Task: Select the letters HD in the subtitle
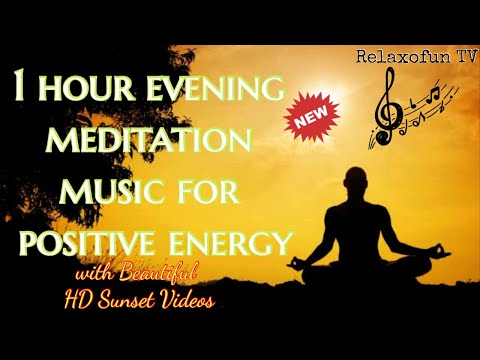102,297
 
